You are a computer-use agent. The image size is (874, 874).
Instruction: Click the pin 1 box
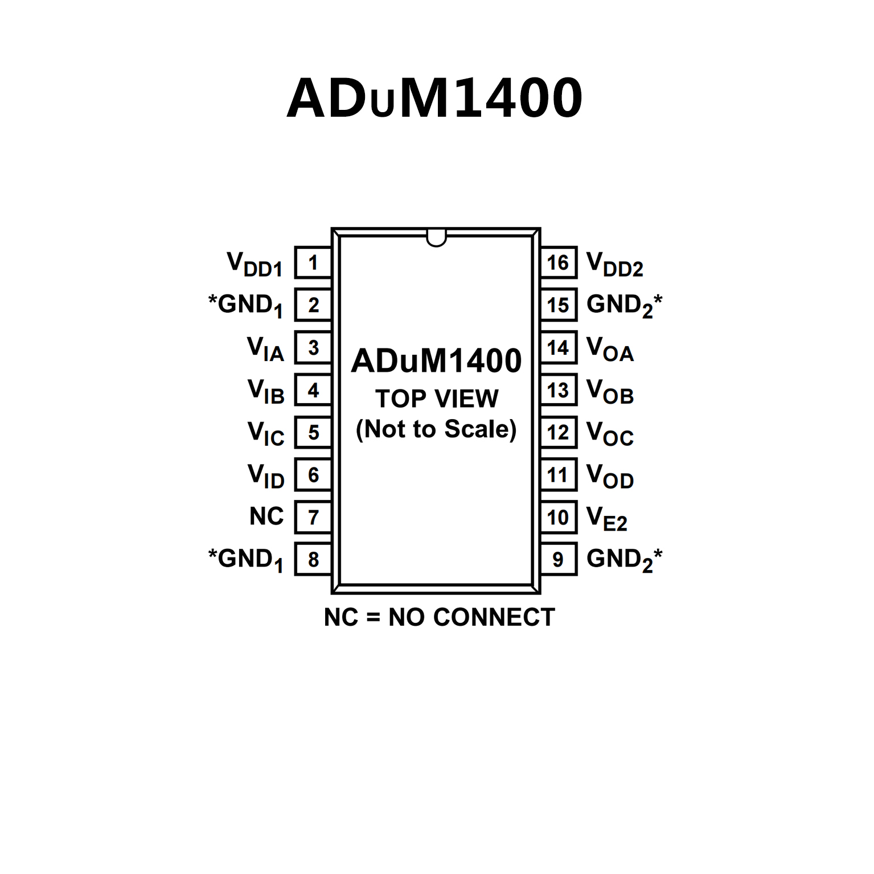(313, 263)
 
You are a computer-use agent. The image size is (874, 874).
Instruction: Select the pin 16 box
(558, 263)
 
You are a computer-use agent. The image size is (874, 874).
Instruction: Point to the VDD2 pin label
(615, 265)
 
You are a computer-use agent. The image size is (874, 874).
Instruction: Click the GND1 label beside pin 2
(246, 305)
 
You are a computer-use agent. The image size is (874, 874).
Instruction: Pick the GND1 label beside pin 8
(246, 559)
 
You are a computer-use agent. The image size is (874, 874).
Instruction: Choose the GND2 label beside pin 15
(624, 305)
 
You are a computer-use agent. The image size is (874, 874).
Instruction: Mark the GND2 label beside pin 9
(624, 559)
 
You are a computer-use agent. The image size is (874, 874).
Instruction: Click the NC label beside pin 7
(266, 516)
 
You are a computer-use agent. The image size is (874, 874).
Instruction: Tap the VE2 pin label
(607, 518)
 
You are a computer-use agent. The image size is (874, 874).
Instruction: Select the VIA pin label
(265, 348)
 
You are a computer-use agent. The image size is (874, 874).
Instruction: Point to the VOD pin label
(610, 476)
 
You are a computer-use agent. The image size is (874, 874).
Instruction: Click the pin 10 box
(558, 518)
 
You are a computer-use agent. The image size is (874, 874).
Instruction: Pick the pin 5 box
(313, 433)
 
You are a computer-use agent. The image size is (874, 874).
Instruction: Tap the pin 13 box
(558, 391)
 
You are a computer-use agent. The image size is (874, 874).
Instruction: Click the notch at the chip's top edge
(436, 238)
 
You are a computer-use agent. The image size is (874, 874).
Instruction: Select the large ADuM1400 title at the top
(435, 98)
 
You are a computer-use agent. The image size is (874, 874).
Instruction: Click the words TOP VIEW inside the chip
(437, 399)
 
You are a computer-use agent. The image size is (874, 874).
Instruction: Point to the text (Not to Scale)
(436, 429)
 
